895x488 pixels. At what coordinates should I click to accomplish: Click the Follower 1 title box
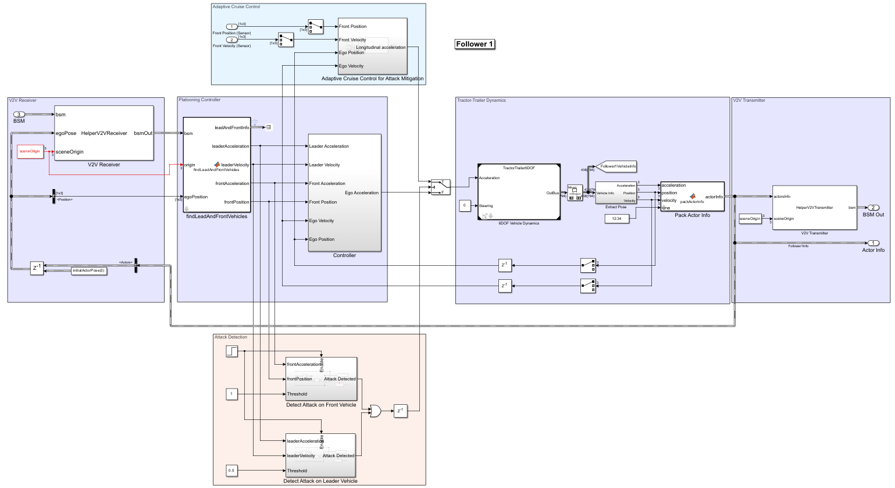[475, 44]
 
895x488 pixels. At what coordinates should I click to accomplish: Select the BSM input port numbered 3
[19, 115]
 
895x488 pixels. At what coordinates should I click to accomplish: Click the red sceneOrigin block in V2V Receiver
[30, 151]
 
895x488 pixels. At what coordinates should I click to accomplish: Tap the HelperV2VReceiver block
[104, 133]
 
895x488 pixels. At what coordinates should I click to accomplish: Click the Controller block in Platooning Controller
[344, 193]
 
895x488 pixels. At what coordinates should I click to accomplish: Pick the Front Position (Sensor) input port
[231, 27]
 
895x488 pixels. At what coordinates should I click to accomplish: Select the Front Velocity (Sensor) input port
[231, 40]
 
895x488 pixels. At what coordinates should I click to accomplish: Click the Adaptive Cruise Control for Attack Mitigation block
[372, 46]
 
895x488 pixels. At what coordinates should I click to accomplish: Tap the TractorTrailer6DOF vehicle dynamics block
[519, 192]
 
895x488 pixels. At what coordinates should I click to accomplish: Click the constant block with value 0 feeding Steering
[465, 205]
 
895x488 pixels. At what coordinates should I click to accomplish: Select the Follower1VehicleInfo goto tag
[617, 166]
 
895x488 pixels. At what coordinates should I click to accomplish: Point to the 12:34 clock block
[616, 219]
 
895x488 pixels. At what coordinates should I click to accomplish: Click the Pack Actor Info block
[692, 197]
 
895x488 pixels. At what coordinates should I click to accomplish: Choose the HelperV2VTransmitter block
[814, 208]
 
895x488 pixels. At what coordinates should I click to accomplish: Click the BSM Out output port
[873, 208]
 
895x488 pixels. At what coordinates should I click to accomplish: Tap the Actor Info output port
[873, 243]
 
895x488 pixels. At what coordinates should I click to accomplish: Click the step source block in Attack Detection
[232, 351]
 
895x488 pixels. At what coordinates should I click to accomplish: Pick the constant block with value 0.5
[231, 470]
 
